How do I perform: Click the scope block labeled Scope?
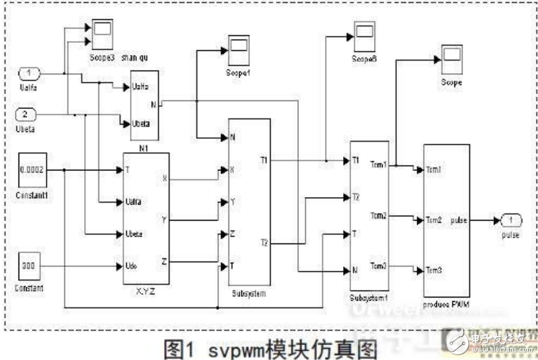451,61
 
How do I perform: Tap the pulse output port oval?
511,220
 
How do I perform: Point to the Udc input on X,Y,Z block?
132,266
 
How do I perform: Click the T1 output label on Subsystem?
264,160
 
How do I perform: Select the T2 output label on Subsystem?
264,243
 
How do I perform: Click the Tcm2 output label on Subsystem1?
379,216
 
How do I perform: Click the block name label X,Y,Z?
145,291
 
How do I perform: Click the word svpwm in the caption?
238,346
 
